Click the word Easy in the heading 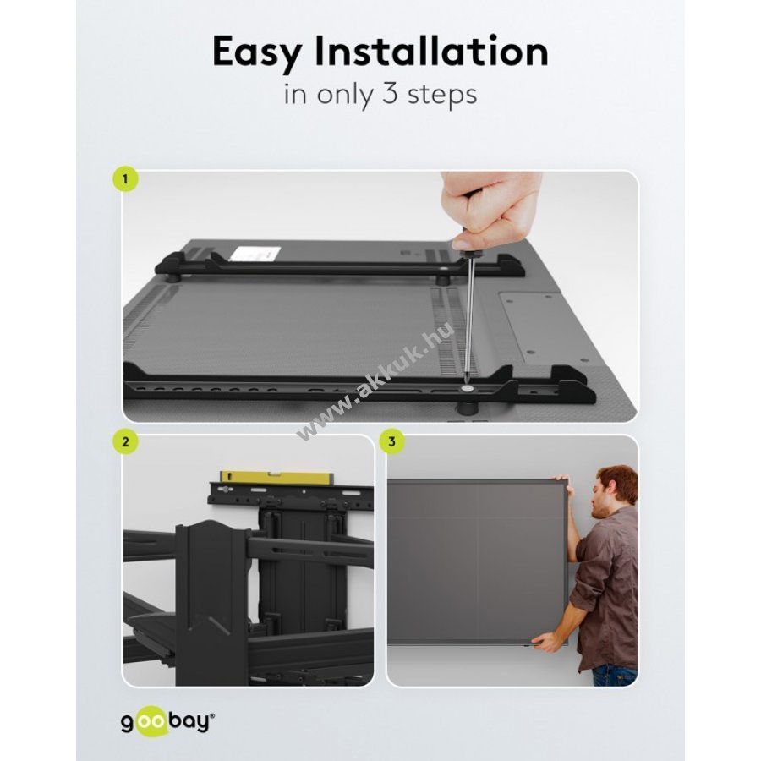point(257,52)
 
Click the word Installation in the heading point(431,51)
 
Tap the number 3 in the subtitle point(390,93)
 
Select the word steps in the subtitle point(442,95)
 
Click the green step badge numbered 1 point(125,179)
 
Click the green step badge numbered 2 point(126,441)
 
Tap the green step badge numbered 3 point(391,441)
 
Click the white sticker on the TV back point(255,254)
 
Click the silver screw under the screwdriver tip point(468,389)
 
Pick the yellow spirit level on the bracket point(275,478)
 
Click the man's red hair point(620,481)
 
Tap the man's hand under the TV point(547,643)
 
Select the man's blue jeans point(615,676)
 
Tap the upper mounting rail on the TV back point(340,266)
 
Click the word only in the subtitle point(345,95)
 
